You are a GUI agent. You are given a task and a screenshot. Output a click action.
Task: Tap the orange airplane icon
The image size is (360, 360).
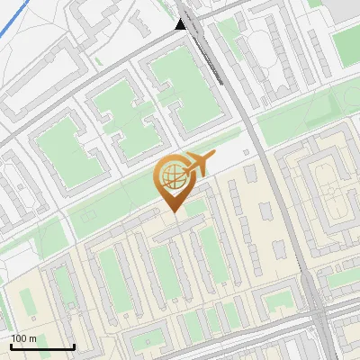click(199, 164)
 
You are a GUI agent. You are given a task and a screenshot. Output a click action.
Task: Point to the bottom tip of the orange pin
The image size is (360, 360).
click(173, 211)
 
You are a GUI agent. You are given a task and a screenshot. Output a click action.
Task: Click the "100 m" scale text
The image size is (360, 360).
click(24, 338)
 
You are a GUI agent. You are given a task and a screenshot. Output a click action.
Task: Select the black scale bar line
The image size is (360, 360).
click(42, 347)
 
